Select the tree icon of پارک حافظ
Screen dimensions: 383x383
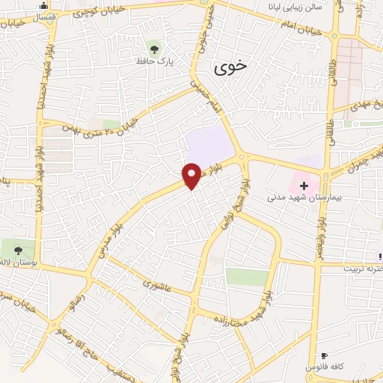point(154,49)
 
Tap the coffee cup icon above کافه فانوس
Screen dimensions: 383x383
point(323,356)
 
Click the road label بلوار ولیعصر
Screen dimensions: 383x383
point(320,236)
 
